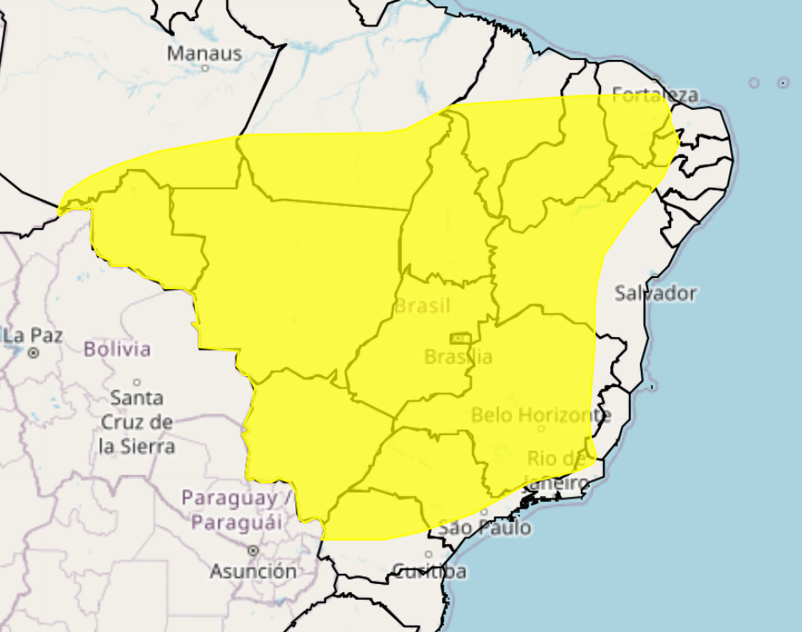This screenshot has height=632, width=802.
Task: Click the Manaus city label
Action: [204, 53]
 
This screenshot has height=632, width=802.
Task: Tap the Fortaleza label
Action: [655, 94]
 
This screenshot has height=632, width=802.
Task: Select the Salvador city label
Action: [655, 293]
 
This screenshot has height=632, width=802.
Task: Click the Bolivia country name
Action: [117, 348]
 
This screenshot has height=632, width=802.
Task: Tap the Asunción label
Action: [253, 571]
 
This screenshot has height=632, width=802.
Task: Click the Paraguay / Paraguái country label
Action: [236, 509]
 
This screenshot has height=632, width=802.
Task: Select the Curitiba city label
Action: [430, 571]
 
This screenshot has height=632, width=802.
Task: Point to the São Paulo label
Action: [485, 528]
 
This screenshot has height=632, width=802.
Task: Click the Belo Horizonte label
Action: [541, 415]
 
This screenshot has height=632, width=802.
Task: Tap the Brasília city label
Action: [458, 357]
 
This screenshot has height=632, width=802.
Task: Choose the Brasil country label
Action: [422, 305]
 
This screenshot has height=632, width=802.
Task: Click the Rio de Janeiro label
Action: [557, 471]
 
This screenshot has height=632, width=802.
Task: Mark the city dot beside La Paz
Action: [34, 353]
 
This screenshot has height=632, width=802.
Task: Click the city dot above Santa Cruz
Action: [137, 382]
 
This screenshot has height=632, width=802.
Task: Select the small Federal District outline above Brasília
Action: [459, 338]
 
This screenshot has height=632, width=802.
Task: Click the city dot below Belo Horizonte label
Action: [541, 428]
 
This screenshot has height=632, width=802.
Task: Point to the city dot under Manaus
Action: [205, 68]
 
